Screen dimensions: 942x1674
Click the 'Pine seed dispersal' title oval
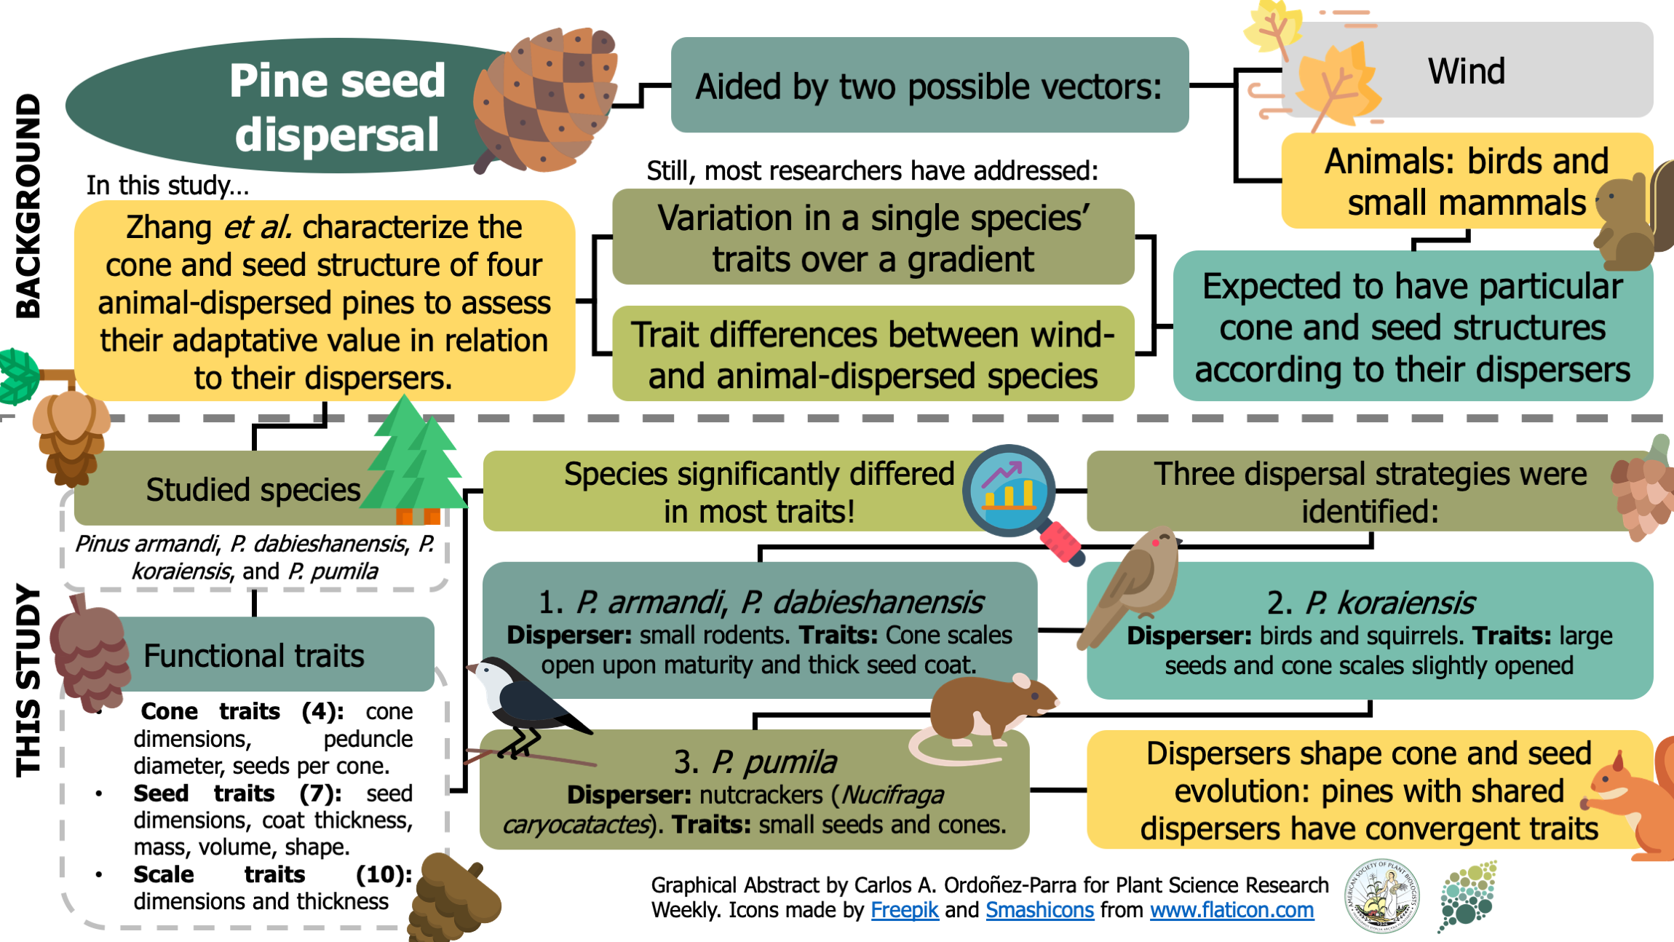pyautogui.click(x=291, y=106)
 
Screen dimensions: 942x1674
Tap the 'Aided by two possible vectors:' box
pyautogui.click(x=929, y=86)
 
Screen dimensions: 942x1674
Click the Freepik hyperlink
pyautogui.click(x=904, y=910)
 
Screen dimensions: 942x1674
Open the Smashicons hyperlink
pyautogui.click(x=1039, y=910)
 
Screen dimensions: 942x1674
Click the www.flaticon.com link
pyautogui.click(x=1231, y=910)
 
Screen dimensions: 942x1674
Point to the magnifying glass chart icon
pyautogui.click(x=1015, y=495)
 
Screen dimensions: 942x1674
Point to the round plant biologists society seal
pyautogui.click(x=1381, y=895)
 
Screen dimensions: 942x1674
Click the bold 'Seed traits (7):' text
pyautogui.click(x=237, y=793)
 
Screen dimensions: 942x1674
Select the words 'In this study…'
pyautogui.click(x=167, y=185)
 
